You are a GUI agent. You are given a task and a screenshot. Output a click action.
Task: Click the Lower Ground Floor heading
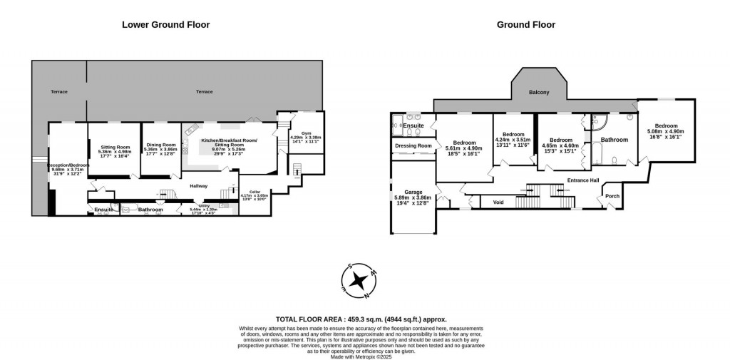tap(165, 24)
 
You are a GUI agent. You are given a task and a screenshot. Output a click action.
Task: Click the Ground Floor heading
tap(525, 24)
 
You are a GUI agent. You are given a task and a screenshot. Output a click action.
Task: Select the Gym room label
tap(307, 133)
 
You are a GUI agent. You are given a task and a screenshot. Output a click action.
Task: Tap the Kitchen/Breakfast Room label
tap(229, 141)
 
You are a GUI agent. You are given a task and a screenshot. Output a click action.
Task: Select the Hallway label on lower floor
tap(198, 186)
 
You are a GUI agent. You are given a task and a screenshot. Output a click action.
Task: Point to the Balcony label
tap(538, 93)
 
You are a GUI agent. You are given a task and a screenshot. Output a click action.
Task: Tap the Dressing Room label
tap(413, 145)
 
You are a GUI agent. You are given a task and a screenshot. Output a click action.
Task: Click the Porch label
tap(612, 196)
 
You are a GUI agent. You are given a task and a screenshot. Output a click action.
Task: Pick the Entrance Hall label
tap(582, 180)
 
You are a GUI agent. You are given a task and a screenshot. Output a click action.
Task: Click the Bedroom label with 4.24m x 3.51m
tap(513, 134)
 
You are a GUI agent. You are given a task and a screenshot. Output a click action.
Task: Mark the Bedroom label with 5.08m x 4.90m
tap(665, 126)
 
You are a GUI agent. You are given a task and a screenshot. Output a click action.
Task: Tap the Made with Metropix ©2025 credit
tap(364, 356)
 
